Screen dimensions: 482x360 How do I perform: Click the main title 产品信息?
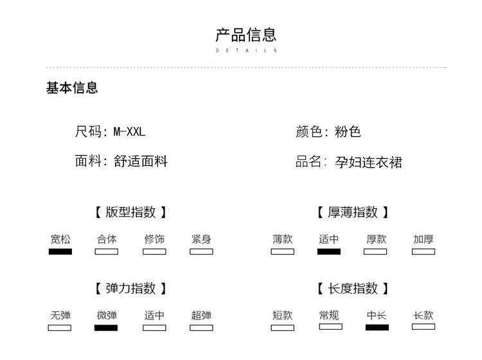point(246,35)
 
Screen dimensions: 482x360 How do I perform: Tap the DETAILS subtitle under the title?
point(246,50)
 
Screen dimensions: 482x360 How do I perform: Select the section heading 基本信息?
point(72,88)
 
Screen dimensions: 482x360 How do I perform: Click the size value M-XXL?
point(129,132)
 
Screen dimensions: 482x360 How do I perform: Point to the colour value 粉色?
point(348,132)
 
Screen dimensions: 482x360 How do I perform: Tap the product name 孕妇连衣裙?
point(369,162)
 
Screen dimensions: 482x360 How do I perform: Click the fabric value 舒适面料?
point(141,161)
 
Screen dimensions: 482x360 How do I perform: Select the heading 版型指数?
point(130,212)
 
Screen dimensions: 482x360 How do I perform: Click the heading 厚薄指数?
point(353,212)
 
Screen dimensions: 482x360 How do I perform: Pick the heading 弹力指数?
point(130,289)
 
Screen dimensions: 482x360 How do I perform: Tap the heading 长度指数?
point(353,289)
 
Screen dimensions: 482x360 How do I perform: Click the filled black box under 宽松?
point(60,251)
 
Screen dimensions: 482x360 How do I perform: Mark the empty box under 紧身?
point(201,251)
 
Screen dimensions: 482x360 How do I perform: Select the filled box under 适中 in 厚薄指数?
point(329,251)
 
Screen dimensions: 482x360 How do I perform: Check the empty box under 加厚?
point(424,251)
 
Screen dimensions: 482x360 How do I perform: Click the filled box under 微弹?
point(106,328)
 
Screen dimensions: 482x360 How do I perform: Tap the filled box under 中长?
point(377,327)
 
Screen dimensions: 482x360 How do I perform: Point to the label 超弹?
point(201,315)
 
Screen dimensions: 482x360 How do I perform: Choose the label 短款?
point(283,315)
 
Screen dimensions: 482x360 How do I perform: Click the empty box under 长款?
point(424,327)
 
